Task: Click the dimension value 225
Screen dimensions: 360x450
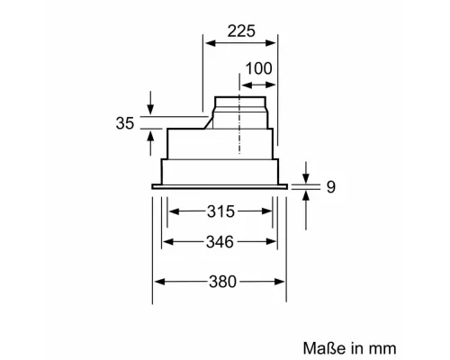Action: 240,31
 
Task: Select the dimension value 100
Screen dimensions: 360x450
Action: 257,67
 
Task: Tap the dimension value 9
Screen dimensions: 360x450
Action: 330,187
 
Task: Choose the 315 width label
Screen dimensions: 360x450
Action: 220,211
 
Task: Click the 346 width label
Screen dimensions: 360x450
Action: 220,241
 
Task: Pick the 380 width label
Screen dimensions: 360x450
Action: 220,282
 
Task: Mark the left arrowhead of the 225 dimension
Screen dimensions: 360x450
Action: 206,42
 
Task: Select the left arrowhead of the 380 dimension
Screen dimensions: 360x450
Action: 157,282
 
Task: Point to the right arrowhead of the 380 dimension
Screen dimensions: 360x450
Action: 283,282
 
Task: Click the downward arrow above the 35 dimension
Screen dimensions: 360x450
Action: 149,104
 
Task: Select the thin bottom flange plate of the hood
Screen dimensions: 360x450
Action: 220,186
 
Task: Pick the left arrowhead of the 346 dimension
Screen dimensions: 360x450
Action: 166,241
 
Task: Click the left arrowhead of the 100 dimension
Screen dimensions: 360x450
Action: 244,78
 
